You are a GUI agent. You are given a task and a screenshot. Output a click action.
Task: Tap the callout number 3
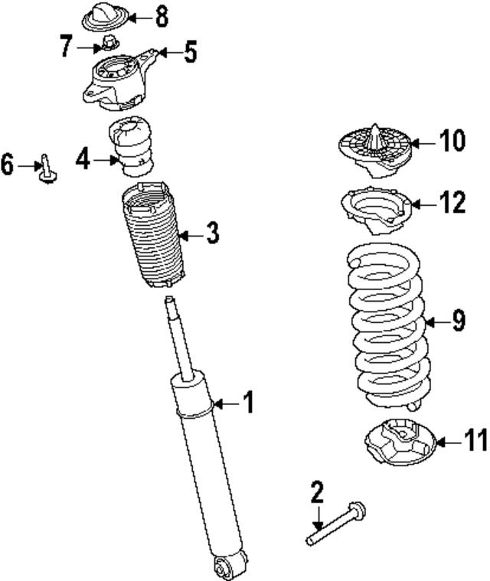[212, 233]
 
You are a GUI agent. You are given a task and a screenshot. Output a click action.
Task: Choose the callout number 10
[452, 141]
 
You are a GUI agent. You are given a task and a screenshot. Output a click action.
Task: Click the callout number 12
[452, 203]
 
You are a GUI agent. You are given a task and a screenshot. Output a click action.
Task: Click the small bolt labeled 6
[46, 170]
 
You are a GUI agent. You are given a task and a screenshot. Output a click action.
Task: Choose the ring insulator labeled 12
[375, 209]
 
